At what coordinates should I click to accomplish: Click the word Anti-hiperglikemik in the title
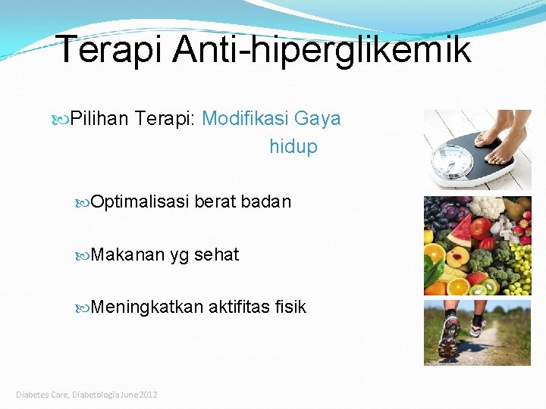pyautogui.click(x=322, y=49)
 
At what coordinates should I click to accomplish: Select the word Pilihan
pyautogui.click(x=100, y=119)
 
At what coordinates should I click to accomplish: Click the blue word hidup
pyautogui.click(x=293, y=147)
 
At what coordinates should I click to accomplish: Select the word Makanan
pyautogui.click(x=127, y=255)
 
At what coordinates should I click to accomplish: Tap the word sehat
pyautogui.click(x=216, y=255)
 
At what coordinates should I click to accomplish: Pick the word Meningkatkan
pyautogui.click(x=147, y=307)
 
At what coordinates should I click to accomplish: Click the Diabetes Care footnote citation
pyautogui.click(x=87, y=395)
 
